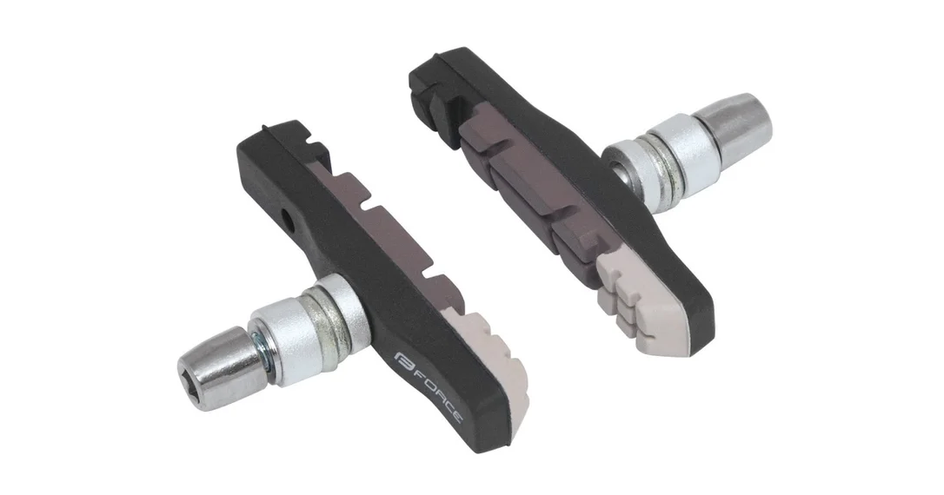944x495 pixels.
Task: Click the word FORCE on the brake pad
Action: tap(439, 391)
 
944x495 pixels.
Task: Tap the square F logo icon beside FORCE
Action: tap(402, 361)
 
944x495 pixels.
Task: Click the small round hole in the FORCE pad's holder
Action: tap(292, 221)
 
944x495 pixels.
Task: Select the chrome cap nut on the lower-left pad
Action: tap(221, 368)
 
